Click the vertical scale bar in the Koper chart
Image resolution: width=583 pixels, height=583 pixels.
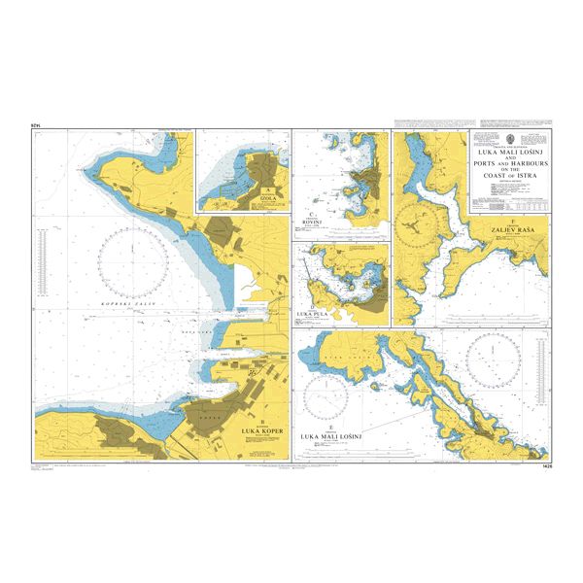click(x=41, y=262)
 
